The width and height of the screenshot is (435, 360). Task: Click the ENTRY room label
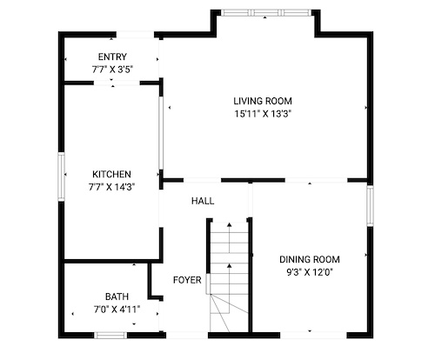112,57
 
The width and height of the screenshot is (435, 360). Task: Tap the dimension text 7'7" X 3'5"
112,70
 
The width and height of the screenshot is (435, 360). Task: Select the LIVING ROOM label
263,101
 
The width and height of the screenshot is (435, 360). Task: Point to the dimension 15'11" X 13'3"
263,114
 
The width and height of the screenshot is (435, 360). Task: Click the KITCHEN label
111,174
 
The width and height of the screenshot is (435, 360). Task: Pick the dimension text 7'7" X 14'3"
112,187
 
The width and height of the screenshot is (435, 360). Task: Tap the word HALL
203,201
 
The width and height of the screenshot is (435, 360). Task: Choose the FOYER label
187,280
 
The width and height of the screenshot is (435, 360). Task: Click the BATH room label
117,297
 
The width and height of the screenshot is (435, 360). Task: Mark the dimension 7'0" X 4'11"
117,310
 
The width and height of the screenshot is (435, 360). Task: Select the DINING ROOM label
310,259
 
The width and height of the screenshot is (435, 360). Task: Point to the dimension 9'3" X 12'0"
310,272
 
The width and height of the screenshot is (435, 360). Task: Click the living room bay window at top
264,13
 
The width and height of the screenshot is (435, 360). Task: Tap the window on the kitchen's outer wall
61,177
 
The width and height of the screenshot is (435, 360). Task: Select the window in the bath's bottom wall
110,336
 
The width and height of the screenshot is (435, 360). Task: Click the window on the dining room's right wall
370,206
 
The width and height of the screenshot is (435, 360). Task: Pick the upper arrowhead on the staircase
230,224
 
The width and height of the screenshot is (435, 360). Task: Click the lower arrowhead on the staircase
230,265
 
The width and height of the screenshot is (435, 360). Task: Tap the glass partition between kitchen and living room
161,132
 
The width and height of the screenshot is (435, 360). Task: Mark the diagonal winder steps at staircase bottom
229,313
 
